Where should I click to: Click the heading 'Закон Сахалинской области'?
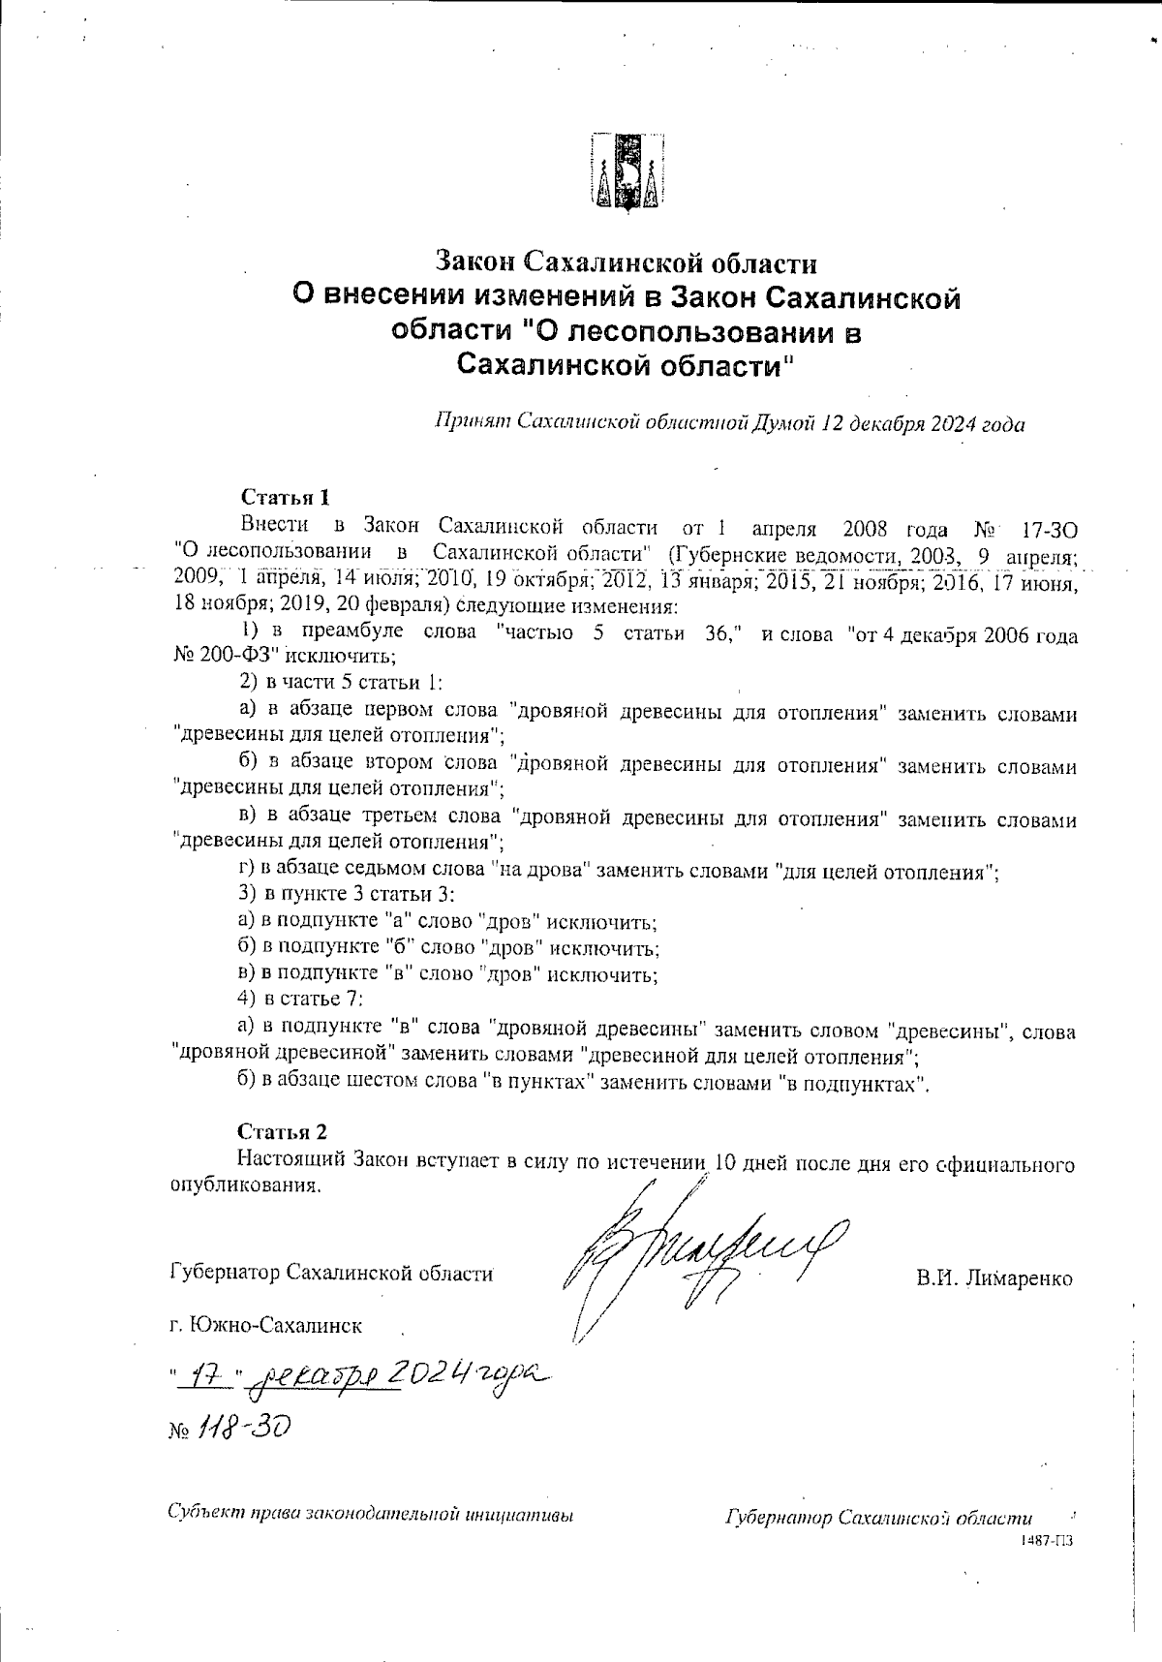point(627,262)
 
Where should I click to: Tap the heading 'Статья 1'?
point(286,498)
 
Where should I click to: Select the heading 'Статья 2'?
point(283,1131)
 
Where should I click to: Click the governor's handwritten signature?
point(697,1249)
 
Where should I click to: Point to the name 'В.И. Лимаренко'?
point(994,1278)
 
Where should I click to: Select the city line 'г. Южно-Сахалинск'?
point(265,1325)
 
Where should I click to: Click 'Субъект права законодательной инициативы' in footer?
point(371,1513)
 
